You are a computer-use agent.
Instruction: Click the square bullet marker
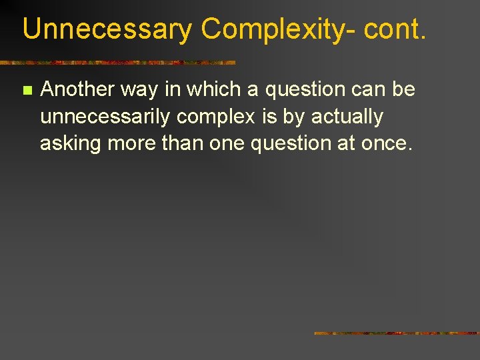coord(27,90)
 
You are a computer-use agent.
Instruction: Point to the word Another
coord(77,89)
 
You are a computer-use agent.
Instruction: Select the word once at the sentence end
coord(388,143)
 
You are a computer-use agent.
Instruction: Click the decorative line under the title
coord(117,63)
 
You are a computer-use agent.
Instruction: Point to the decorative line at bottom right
coord(397,333)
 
